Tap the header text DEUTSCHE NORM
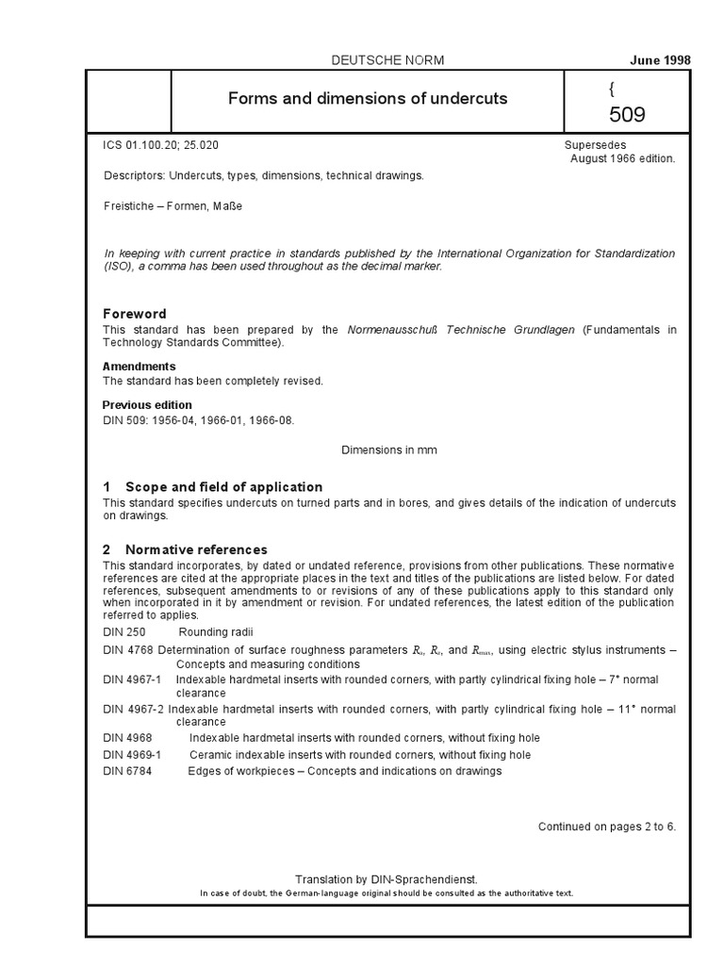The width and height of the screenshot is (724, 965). pos(388,60)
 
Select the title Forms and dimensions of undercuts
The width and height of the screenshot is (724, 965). pos(369,99)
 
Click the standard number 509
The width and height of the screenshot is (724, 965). pos(627,116)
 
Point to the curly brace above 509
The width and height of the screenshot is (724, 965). pos(611,90)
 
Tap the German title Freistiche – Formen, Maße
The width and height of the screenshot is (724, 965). pos(173,205)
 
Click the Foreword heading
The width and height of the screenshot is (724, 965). pos(134,314)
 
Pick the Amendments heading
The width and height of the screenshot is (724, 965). pos(139,366)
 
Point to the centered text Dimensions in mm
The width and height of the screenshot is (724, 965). pos(388,450)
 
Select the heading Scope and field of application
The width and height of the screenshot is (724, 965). pos(223,487)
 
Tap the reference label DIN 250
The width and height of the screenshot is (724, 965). pos(123,630)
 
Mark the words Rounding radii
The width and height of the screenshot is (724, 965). pos(216,630)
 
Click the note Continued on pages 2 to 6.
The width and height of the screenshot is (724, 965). pos(607,826)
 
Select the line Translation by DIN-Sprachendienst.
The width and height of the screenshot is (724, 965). pos(388,876)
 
